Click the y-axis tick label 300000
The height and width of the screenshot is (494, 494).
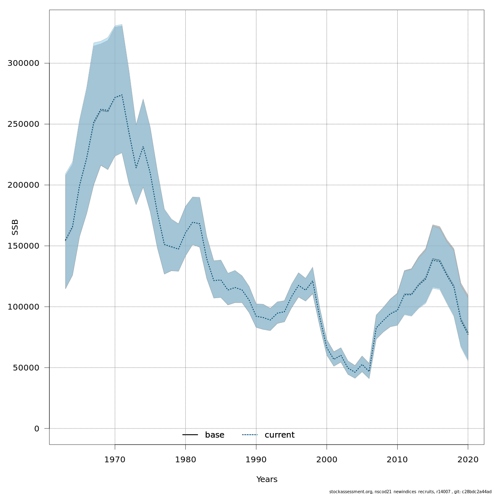pos(23,63)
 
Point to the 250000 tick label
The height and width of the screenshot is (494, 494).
pos(23,124)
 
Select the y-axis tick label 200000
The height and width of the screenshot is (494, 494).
pos(23,185)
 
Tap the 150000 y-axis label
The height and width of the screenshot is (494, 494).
pos(23,246)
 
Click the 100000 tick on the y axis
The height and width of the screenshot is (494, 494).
pos(23,307)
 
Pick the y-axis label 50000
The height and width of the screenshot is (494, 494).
pos(26,368)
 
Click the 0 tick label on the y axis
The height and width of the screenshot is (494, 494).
pos(37,429)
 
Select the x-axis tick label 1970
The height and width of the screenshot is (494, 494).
pos(115,459)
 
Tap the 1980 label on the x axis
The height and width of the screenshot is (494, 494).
pos(185,459)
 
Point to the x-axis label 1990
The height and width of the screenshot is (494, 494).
pos(256,459)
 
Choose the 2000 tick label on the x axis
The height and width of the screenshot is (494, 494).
pos(327,459)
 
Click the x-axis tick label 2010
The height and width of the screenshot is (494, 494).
pos(397,459)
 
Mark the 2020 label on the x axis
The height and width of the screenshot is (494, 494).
pos(468,459)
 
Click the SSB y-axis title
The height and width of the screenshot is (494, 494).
pos(15,227)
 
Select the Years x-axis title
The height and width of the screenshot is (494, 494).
pos(267,480)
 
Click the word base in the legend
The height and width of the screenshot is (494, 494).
pos(214,435)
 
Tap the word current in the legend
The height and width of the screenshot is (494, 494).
pos(280,435)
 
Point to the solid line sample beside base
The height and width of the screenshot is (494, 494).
pos(190,435)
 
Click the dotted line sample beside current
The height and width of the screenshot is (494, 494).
pos(250,435)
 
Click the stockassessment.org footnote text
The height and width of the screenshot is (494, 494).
pos(410,492)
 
